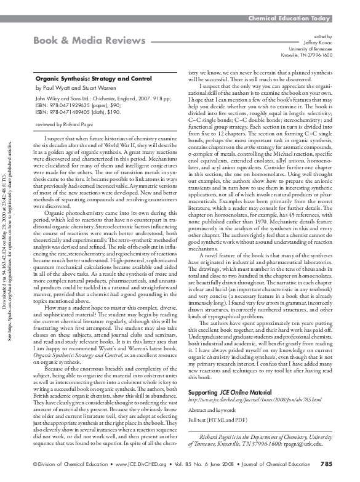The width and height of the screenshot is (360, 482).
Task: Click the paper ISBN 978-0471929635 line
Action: coord(79,104)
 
